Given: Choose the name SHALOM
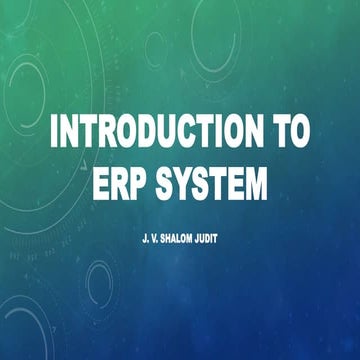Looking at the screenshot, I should click(x=172, y=241).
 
